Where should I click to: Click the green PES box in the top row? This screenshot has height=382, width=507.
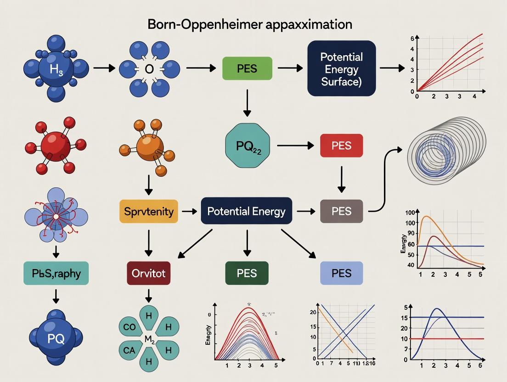coord(247,69)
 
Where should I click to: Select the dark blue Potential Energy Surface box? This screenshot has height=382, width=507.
coord(341,68)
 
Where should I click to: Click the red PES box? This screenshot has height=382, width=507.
coord(341,146)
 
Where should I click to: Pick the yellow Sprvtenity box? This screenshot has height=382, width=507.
coord(148,212)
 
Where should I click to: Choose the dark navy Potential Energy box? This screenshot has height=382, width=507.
coord(247,211)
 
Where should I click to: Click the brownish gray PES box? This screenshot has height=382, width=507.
coord(341,212)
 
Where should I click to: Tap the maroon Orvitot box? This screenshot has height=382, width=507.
coord(148,274)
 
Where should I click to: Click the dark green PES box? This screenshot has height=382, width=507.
coord(247,274)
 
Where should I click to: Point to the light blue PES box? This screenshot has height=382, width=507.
coord(341,274)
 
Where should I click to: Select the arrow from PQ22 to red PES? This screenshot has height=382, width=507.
coord(294,146)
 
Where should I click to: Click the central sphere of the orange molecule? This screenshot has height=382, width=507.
coord(149,146)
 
